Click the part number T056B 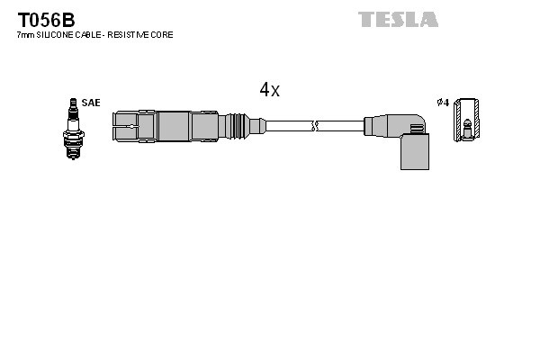tap(42, 17)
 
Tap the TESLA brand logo tap(398, 19)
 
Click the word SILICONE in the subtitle tap(56, 35)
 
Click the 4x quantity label tap(269, 89)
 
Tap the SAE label tap(91, 103)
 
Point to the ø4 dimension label tap(442, 103)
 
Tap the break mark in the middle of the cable tap(313, 124)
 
